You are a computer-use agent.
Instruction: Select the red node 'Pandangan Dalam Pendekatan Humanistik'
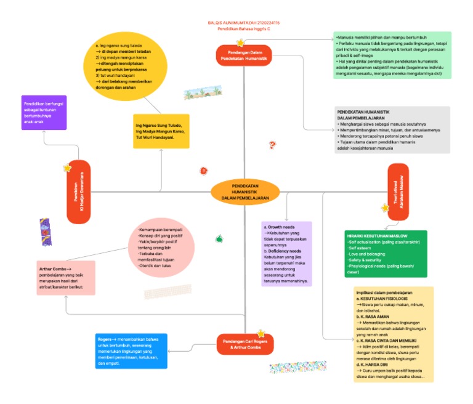pos(244,55)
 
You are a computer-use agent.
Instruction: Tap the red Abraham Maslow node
pos(398,190)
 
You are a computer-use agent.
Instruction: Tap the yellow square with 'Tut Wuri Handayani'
pos(161,131)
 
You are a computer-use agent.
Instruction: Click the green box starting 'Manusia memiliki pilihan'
pos(392,55)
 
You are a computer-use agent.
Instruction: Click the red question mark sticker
pos(272,145)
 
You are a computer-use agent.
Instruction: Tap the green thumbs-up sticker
pos(219,238)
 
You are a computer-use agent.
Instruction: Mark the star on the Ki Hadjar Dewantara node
pos(68,168)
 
